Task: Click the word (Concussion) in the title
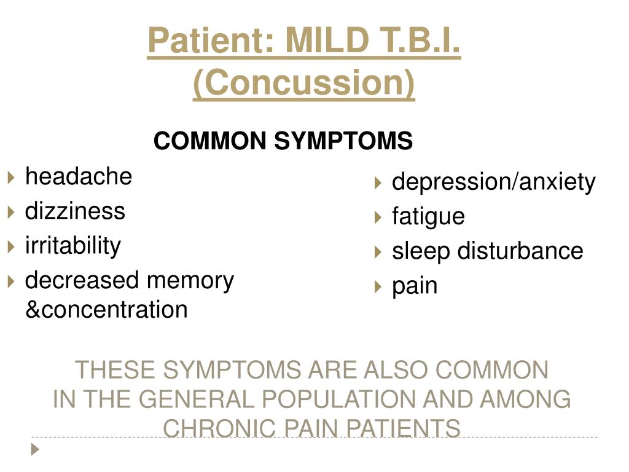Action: coord(303,83)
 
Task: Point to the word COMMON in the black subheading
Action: coord(210,141)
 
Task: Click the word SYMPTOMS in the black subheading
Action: coord(343,141)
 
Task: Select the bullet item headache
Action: coord(79,176)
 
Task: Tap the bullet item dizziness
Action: coord(75,211)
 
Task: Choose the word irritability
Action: coord(73,246)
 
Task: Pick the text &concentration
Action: coord(106,310)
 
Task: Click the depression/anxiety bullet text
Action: coord(494,183)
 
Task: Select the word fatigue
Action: coord(428,217)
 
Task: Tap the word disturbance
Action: coord(520,251)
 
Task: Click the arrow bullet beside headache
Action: coord(11,177)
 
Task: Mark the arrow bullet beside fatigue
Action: coord(378,218)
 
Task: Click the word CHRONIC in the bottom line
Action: coord(219,428)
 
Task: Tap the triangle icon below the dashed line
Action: coord(35,449)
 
